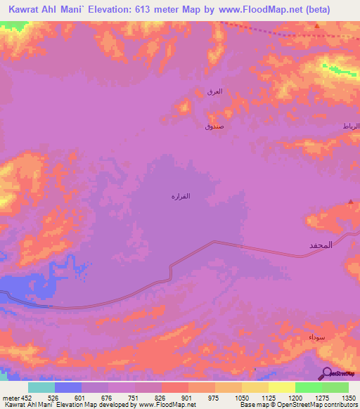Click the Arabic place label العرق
[x=215, y=91]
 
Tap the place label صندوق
[x=214, y=126]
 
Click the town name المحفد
[x=320, y=245]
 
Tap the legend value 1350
[x=348, y=396]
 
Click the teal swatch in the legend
[x=41, y=387]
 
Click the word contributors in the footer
[x=342, y=405]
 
